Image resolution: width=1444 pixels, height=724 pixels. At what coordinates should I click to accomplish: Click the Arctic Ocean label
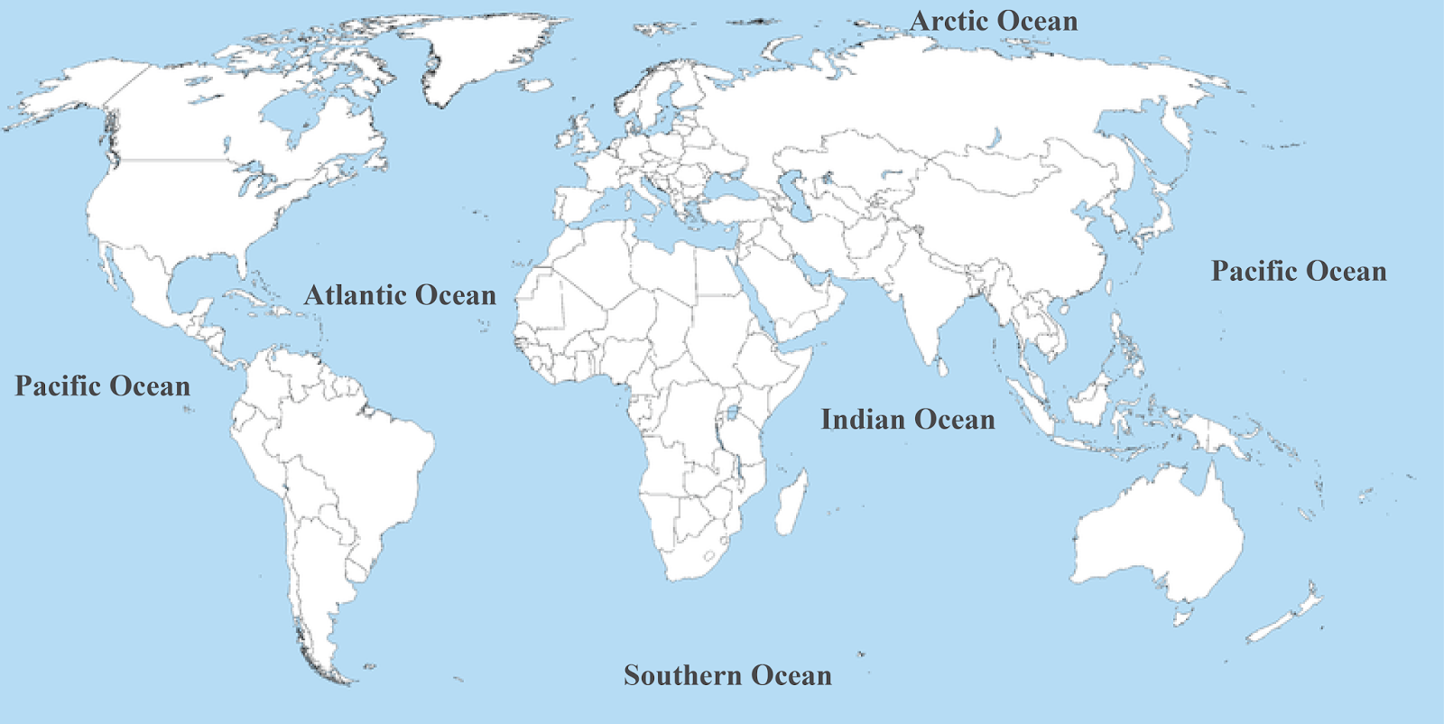point(993,21)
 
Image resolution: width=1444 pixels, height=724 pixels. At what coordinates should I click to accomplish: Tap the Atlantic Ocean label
point(400,295)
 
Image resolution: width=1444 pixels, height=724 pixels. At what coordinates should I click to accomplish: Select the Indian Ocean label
point(907,420)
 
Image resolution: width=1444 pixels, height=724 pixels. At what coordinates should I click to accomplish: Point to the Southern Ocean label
point(727,675)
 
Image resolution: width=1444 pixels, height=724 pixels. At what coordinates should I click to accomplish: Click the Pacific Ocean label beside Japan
point(1298,271)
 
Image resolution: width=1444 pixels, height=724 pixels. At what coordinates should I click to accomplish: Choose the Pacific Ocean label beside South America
point(102,386)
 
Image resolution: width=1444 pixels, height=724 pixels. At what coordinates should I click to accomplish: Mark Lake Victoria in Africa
point(733,415)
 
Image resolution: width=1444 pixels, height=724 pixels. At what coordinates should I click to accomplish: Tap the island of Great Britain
point(589,135)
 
